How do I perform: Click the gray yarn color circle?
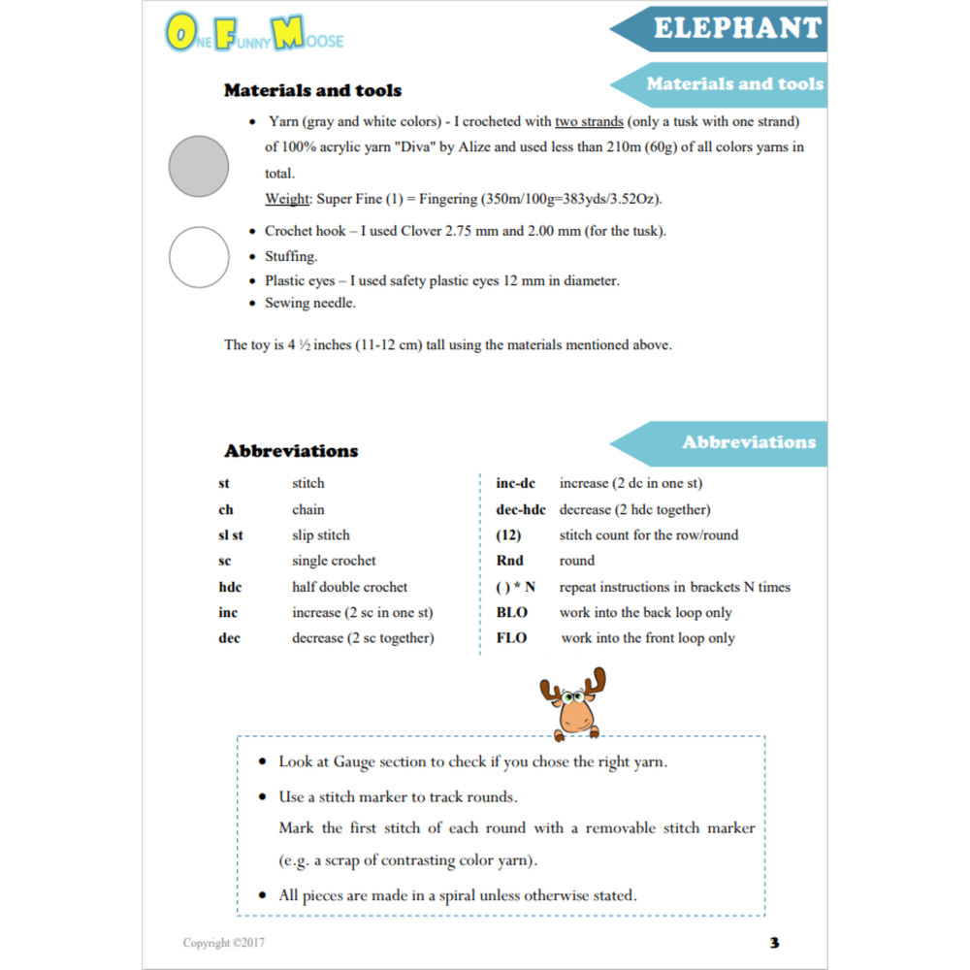[199, 166]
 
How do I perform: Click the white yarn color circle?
[199, 257]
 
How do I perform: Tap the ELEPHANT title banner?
[738, 28]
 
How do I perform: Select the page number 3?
[774, 943]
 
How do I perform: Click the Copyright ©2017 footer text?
[224, 943]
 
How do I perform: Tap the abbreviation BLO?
[512, 613]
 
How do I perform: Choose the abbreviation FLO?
[512, 638]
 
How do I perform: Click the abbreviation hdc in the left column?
[231, 587]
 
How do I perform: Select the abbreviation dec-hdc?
[521, 509]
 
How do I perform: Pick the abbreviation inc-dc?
[516, 483]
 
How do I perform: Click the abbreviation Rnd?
[510, 561]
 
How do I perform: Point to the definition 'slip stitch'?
[321, 535]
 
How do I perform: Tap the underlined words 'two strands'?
[589, 122]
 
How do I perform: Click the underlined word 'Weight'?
[286, 199]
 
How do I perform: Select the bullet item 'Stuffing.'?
[290, 257]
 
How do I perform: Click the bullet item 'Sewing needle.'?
[310, 303]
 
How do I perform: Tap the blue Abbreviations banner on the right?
[748, 442]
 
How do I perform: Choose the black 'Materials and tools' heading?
[312, 90]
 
